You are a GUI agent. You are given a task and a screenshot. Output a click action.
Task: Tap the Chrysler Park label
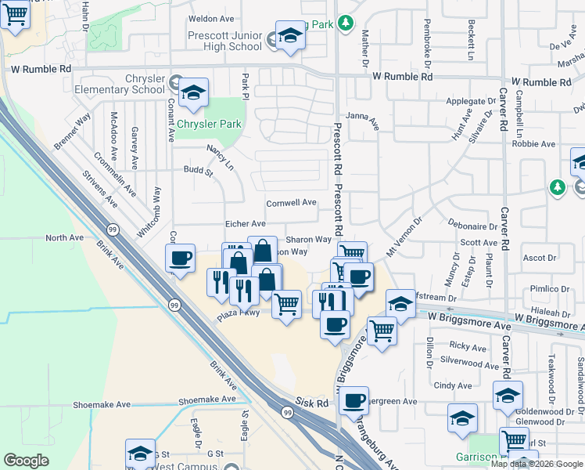209,125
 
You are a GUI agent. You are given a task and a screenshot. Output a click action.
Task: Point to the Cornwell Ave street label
291,203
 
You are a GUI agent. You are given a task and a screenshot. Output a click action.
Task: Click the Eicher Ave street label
246,224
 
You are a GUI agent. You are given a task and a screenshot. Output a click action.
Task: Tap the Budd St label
198,170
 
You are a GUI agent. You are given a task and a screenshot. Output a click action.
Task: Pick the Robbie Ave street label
533,144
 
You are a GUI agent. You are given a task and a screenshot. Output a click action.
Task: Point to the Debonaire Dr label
473,226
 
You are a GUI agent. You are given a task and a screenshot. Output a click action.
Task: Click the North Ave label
64,237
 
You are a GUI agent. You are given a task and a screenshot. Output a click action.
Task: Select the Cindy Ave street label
453,385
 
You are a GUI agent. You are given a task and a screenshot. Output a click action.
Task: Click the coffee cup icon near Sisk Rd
354,401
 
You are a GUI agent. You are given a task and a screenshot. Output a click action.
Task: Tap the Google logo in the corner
26,460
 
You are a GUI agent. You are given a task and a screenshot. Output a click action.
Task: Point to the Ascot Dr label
539,257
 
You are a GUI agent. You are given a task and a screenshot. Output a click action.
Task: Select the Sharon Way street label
308,240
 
